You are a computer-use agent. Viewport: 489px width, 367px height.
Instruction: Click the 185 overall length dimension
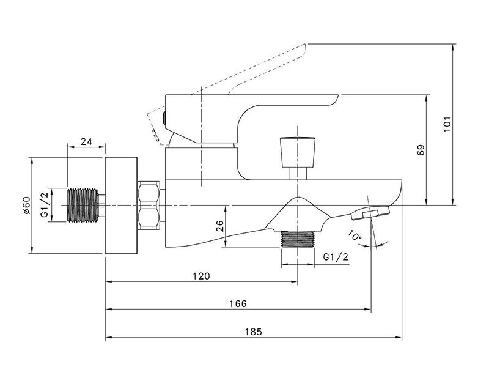pos(253,332)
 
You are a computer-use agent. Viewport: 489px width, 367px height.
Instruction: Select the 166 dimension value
pos(238,303)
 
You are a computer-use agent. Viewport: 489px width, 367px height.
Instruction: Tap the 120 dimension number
pos(202,276)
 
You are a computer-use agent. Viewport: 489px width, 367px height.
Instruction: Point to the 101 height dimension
pos(447,124)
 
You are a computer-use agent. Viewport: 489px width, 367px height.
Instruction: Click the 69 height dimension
pos(421,150)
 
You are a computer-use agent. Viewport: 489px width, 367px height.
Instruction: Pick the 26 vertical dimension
pos(220,226)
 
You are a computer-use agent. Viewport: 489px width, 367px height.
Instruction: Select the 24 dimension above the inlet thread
pos(86,141)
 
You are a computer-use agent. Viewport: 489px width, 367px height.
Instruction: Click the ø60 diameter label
pos(26,206)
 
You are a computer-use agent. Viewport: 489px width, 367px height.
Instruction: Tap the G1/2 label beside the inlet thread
pos(45,205)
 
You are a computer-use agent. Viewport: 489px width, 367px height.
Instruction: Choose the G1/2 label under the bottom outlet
pos(336,257)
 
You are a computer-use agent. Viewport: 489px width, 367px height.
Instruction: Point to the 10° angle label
pos(355,235)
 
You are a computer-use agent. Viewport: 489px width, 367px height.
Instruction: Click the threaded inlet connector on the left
pos(83,206)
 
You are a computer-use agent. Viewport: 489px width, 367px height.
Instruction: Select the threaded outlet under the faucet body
pos(298,239)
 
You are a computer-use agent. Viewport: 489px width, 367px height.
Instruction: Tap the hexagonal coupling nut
pos(149,206)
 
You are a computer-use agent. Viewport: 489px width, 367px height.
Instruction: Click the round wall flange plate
pos(121,206)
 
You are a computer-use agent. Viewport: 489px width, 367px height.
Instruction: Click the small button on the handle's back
pos(164,117)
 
